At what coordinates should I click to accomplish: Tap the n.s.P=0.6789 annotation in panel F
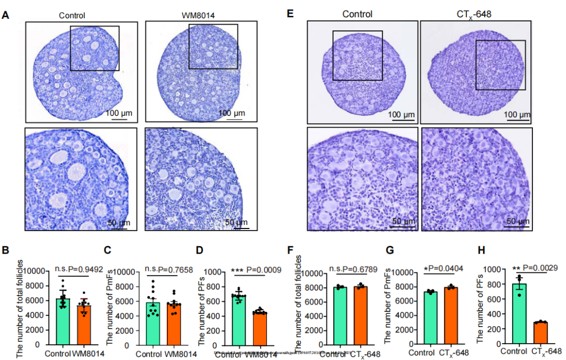coord(353,269)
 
